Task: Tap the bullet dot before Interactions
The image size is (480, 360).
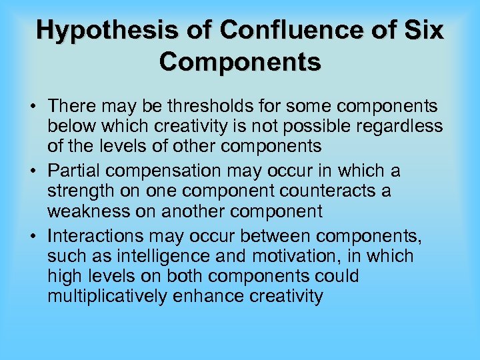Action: pyautogui.click(x=32, y=236)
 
